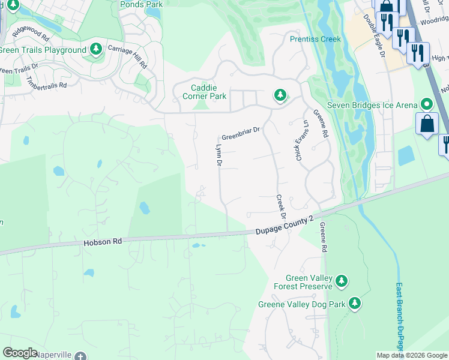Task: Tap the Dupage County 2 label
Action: coord(285,226)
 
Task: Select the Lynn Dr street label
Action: coord(219,155)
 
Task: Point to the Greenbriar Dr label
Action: coord(241,130)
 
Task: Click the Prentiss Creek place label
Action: coord(315,39)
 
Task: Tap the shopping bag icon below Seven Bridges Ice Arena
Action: coord(427,124)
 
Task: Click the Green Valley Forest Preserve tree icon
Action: coord(342,281)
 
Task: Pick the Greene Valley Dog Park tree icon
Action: coord(355,304)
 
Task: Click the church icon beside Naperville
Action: coord(80,355)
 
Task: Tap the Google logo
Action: coord(20,353)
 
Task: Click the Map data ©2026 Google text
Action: coord(412,355)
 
